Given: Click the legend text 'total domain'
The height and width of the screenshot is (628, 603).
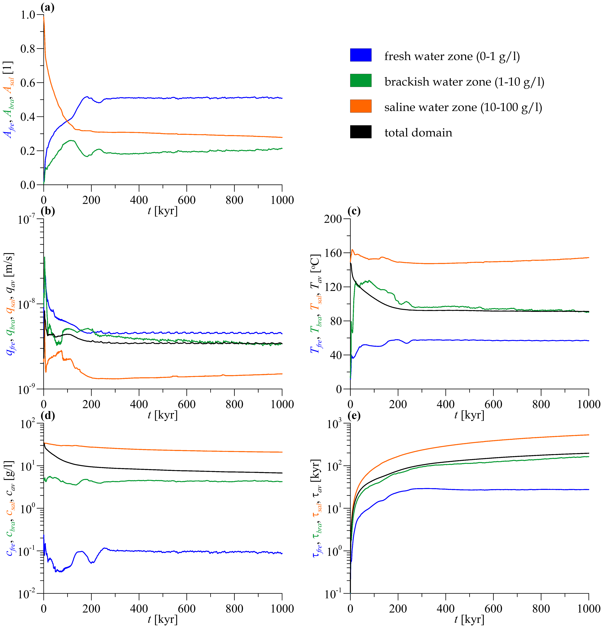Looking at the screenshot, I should pyautogui.click(x=418, y=133).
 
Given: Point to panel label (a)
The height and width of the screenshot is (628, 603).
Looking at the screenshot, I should pyautogui.click(x=47, y=7).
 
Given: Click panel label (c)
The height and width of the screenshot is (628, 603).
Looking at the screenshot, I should pyautogui.click(x=354, y=211).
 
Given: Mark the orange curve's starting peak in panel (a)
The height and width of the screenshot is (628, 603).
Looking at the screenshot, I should pyautogui.click(x=44, y=16).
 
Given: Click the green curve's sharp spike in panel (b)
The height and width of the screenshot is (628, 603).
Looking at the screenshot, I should pyautogui.click(x=45, y=257).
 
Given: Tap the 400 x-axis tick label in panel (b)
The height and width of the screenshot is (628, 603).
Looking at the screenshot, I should pyautogui.click(x=139, y=404).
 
